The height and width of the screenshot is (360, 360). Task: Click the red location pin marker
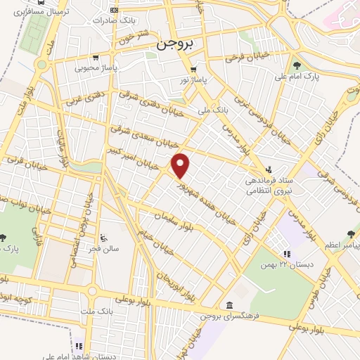click(x=181, y=165)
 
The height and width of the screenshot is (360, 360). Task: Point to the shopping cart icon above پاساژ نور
click(x=193, y=70)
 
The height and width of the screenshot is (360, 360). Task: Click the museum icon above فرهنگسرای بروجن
click(x=230, y=304)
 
